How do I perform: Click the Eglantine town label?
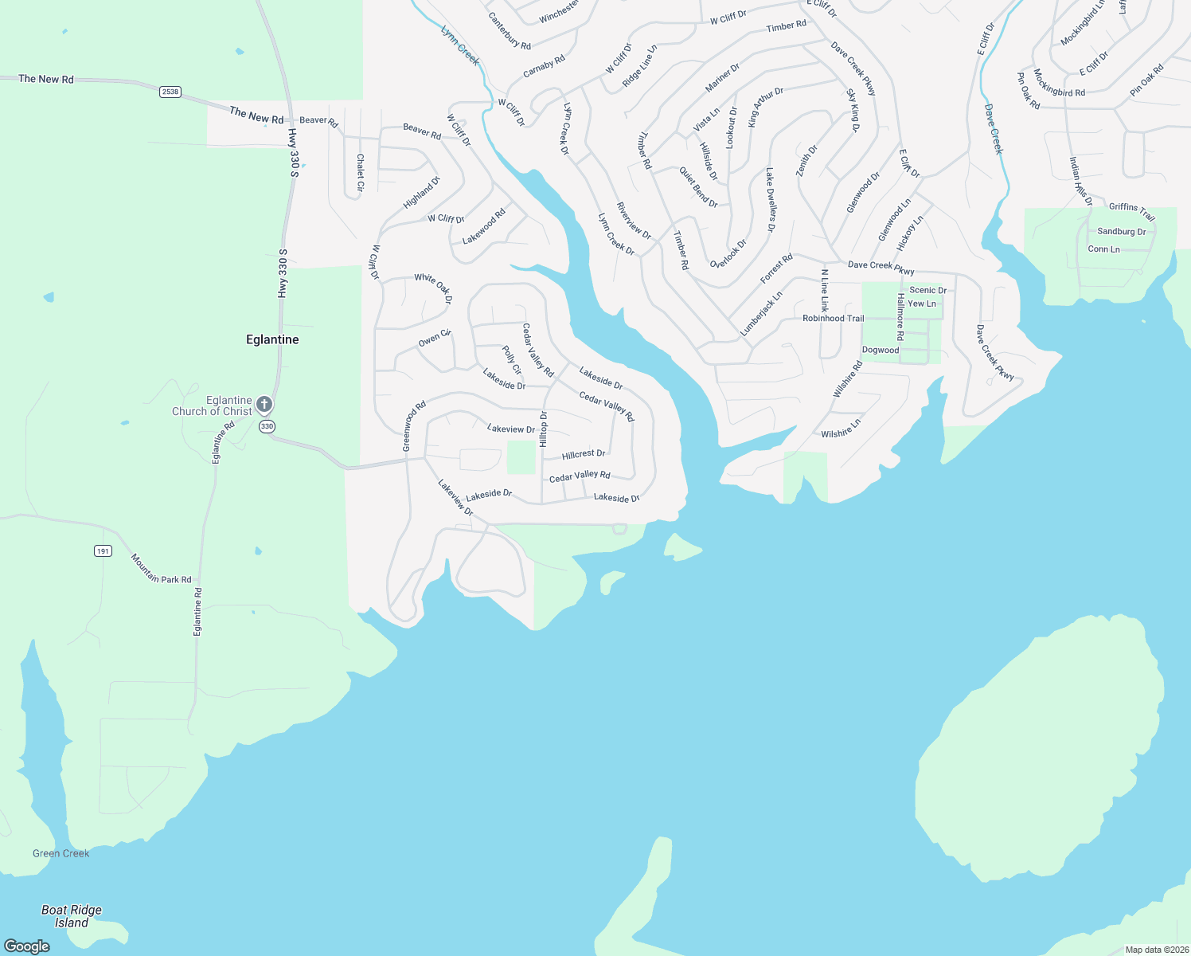pos(272,339)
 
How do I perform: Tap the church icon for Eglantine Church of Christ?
pos(264,404)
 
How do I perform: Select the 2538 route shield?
pos(170,92)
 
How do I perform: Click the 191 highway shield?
pos(103,550)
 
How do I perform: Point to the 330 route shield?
pos(267,426)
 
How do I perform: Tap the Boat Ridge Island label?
pos(72,916)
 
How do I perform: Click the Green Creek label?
pos(61,853)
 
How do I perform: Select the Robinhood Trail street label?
pos(833,318)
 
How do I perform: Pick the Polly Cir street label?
pos(512,360)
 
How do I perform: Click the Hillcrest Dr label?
pos(584,454)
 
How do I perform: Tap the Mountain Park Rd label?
pos(161,569)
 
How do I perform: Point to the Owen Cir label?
pos(435,339)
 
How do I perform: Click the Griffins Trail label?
pos(1132,211)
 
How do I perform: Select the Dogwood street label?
pos(881,350)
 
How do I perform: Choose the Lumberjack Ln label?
pos(761,313)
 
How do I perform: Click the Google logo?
pos(27,946)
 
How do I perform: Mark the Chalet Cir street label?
pos(360,172)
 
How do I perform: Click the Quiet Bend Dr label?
pos(698,187)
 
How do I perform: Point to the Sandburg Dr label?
pos(1121,232)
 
